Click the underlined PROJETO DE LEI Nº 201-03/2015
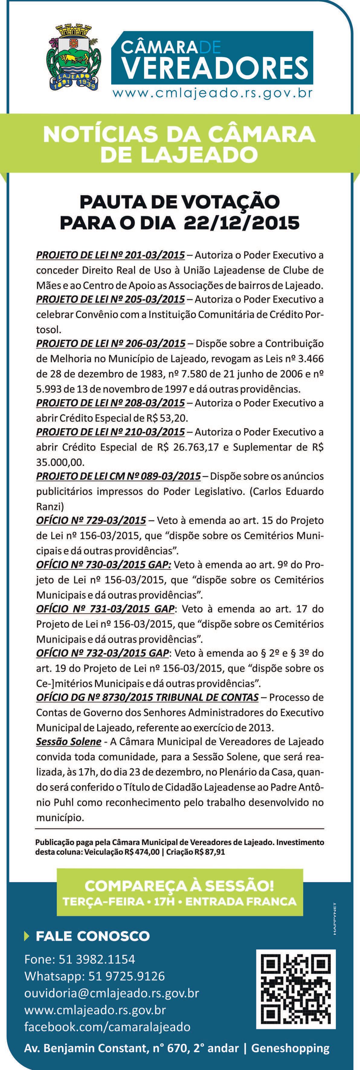click(111, 254)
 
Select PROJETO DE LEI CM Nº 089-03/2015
click(118, 476)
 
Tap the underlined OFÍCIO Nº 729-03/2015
click(91, 520)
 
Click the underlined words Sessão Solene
click(69, 741)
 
